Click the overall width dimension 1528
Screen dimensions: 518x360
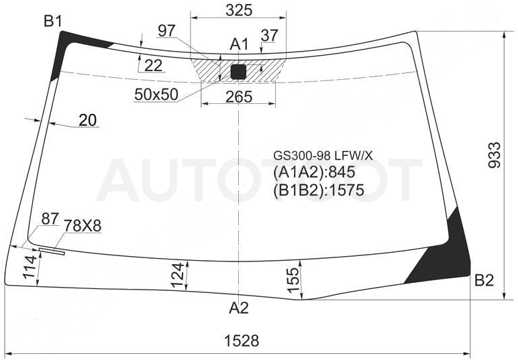(242, 340)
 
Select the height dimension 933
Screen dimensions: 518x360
(495, 155)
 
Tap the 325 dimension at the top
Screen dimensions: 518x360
(239, 10)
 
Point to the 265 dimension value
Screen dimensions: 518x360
(239, 97)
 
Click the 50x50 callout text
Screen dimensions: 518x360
(156, 95)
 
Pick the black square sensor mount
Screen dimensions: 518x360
(238, 72)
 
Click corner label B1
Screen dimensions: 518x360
(53, 21)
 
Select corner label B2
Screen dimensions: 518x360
(484, 280)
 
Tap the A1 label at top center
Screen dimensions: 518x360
(239, 44)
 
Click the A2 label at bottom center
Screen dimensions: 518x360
(238, 308)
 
